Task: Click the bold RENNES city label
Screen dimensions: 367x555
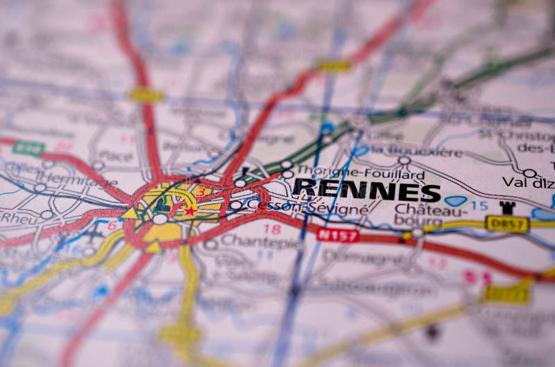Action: click(x=366, y=190)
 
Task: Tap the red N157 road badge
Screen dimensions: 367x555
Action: click(x=337, y=235)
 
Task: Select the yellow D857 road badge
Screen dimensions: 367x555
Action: click(x=507, y=224)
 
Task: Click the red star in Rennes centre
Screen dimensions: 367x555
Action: click(x=189, y=211)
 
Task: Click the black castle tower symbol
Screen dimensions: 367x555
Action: click(x=507, y=207)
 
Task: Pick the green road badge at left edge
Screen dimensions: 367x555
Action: click(x=28, y=147)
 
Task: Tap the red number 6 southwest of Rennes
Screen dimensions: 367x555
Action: click(x=112, y=225)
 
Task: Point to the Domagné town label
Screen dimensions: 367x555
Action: click(x=371, y=257)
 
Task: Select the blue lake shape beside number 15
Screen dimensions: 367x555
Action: click(x=456, y=202)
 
